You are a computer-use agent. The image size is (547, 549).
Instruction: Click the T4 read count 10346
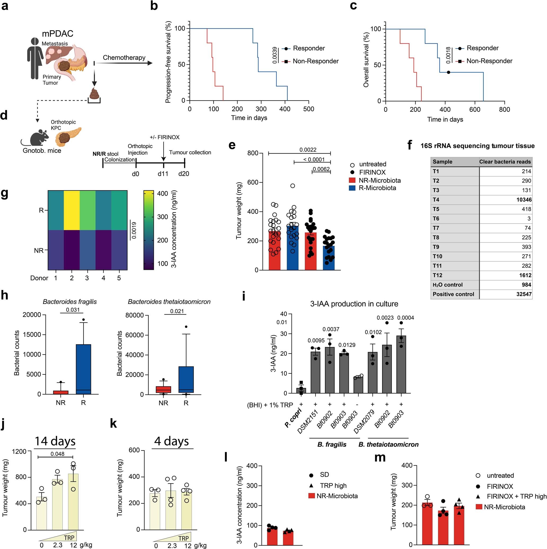524,199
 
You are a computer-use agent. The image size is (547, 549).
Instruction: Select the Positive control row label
453,294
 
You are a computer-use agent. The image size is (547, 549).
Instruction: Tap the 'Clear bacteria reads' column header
505,162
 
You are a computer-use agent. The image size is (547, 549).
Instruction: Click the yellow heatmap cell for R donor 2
72,210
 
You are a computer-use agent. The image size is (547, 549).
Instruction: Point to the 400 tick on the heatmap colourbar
163,194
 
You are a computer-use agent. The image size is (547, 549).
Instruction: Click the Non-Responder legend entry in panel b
316,61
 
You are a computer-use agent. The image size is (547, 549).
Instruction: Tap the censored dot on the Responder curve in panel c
448,72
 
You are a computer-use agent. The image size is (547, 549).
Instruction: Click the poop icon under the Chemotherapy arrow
94,93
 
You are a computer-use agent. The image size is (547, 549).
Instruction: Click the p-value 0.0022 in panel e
308,150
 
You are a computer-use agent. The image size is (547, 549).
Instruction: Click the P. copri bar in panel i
301,390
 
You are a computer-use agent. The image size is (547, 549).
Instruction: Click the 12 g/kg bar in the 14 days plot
73,502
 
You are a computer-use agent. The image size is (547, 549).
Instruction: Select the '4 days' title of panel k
171,441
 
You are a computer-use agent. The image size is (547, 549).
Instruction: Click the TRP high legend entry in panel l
333,486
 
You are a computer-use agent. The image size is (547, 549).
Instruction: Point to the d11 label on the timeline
163,174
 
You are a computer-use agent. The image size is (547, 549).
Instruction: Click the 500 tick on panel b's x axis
308,109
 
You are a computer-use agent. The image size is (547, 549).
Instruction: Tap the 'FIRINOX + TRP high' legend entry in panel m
516,496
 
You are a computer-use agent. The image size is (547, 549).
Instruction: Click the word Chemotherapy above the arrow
124,57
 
